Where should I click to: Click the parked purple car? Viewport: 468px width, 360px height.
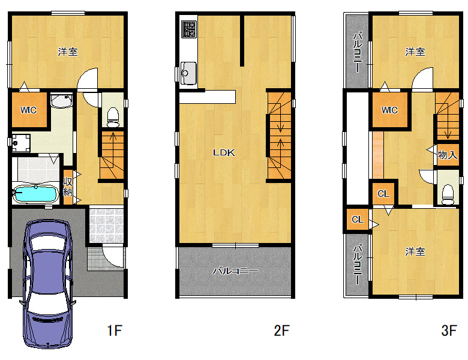(48, 284)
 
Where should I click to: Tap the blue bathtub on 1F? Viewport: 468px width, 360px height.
(35, 194)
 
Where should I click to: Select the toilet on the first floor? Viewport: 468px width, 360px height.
(113, 118)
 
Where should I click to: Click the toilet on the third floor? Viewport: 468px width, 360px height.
(448, 194)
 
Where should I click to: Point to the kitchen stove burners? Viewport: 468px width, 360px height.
(188, 29)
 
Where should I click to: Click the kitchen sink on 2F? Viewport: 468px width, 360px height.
(188, 73)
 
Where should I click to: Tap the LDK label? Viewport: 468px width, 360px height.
(224, 152)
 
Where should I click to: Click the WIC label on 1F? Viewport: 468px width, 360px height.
(28, 110)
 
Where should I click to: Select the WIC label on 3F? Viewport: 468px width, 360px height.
(389, 110)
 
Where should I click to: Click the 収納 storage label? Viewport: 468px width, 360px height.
(68, 187)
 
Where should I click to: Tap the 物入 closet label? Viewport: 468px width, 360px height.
(448, 155)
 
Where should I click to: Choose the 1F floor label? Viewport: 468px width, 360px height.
(115, 331)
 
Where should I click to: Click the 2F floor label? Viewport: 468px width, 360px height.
(282, 331)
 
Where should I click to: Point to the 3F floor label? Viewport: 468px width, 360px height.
(449, 331)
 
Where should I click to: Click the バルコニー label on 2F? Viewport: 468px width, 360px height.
(235, 271)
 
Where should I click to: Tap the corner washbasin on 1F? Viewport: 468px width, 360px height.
(61, 101)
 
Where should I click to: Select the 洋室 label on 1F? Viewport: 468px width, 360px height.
(68, 52)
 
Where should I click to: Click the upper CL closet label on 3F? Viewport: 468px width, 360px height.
(383, 194)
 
